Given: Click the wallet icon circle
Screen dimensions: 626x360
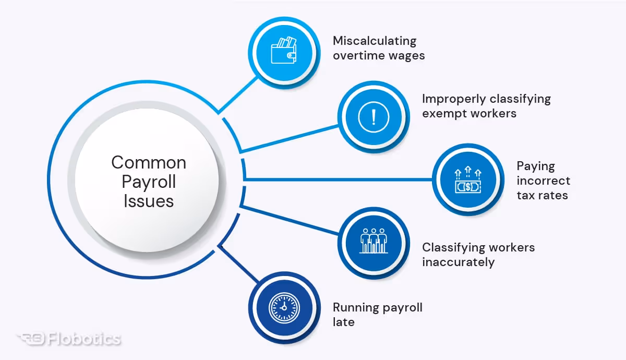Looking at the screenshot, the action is pyautogui.click(x=283, y=52).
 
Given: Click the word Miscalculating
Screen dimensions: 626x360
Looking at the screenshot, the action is pyautogui.click(x=375, y=41).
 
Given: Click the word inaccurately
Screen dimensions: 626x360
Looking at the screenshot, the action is pyautogui.click(x=458, y=262).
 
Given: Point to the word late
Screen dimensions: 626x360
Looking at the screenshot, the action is pyautogui.click(x=343, y=322).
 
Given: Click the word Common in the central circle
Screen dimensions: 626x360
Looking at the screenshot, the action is pyautogui.click(x=149, y=163).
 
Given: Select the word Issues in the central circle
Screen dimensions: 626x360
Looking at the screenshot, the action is pyautogui.click(x=149, y=200).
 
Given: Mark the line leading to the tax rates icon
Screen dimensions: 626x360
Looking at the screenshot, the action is pyautogui.click(x=339, y=180).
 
